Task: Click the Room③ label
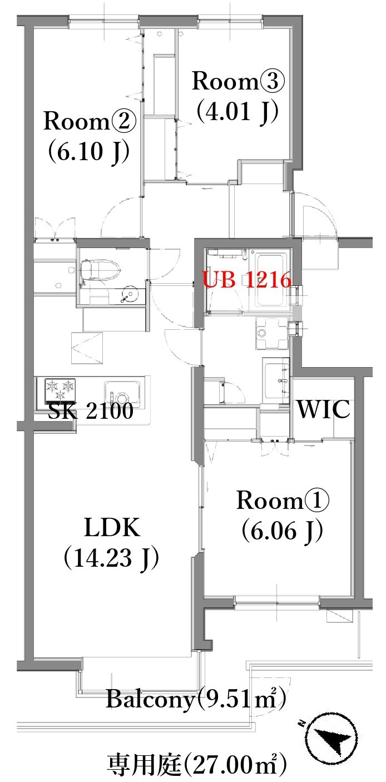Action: pyautogui.click(x=238, y=81)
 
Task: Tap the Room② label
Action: pyautogui.click(x=90, y=121)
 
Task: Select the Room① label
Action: pyautogui.click(x=283, y=500)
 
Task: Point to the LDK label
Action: pyautogui.click(x=112, y=527)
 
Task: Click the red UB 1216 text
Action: pyautogui.click(x=247, y=280)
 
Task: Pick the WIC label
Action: pyautogui.click(x=324, y=409)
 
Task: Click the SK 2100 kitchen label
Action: pyautogui.click(x=91, y=410)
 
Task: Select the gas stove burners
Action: pyautogui.click(x=61, y=389)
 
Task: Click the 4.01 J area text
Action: pyautogui.click(x=237, y=111)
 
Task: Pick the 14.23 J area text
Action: pyautogui.click(x=111, y=557)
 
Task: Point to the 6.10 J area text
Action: pyautogui.click(x=88, y=151)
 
